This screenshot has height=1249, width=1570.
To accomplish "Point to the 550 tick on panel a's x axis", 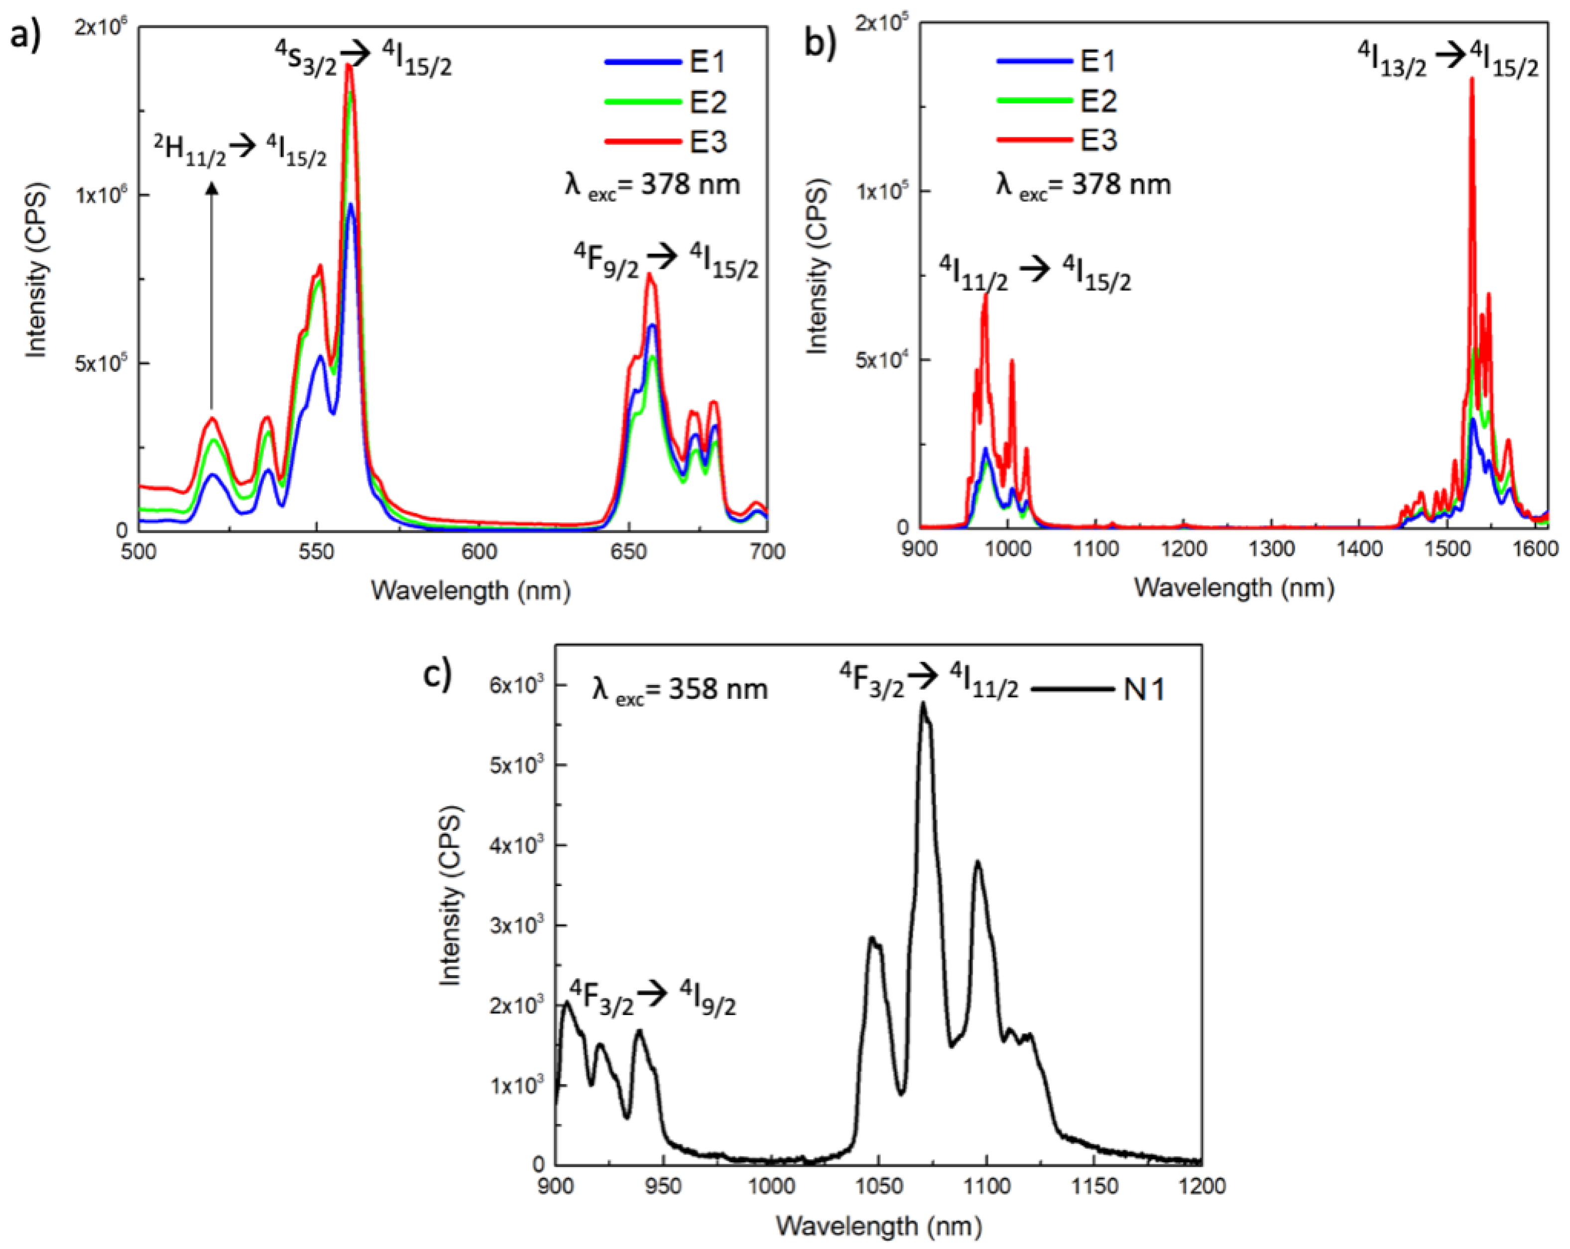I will (x=316, y=551).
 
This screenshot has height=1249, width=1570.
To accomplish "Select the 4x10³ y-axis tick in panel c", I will (x=515, y=845).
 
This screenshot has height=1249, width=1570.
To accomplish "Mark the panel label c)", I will (x=438, y=673).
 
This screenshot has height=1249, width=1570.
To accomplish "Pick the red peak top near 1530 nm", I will (x=1472, y=79).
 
